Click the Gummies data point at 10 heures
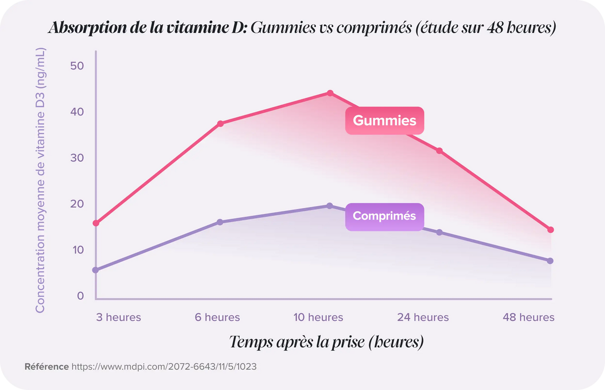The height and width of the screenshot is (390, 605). (x=330, y=93)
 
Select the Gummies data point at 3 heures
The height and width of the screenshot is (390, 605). (x=96, y=223)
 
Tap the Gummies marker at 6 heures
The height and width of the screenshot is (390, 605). (x=220, y=123)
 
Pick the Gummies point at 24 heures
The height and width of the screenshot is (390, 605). (x=439, y=151)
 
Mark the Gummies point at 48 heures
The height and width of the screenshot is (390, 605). (x=551, y=230)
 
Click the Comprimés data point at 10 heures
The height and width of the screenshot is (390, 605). (x=330, y=206)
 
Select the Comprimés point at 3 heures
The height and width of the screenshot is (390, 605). (x=96, y=270)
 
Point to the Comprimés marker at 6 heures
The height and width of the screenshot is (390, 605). (x=220, y=222)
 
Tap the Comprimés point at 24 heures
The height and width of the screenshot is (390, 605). (x=439, y=232)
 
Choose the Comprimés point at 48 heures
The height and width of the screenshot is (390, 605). (x=550, y=261)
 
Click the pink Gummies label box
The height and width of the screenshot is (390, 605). (x=384, y=121)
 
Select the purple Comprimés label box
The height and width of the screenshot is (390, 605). (x=384, y=216)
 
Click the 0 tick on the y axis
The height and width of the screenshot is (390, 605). (x=81, y=296)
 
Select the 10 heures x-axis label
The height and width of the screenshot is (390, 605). (x=319, y=317)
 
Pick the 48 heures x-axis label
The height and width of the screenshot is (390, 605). (x=528, y=317)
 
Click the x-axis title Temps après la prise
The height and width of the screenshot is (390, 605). (x=326, y=342)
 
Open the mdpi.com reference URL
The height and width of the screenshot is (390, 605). (x=164, y=367)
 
